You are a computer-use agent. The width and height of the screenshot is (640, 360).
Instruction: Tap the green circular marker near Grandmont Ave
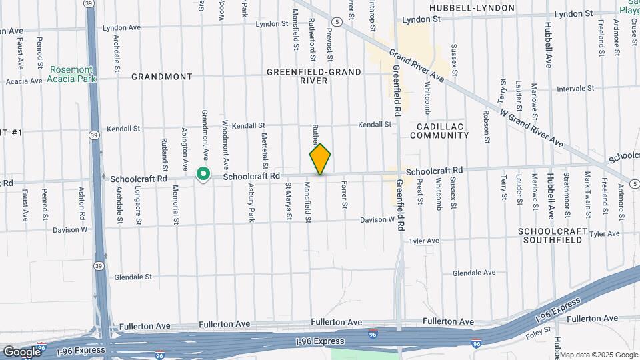203,175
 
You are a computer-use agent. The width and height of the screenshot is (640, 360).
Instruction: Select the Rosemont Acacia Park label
71,74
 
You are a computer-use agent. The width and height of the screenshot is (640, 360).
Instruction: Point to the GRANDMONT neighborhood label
162,77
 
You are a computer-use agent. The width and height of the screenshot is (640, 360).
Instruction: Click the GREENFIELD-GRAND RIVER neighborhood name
313,76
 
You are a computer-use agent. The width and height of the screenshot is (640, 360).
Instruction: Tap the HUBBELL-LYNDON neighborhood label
472,8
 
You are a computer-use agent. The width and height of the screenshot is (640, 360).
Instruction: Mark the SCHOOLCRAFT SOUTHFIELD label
553,237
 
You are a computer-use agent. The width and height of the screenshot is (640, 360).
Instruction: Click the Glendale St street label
133,277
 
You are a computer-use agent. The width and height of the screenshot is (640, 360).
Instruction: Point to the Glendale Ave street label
474,273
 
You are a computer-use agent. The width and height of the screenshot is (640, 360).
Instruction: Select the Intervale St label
575,88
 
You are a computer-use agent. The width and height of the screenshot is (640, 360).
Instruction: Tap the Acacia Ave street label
24,81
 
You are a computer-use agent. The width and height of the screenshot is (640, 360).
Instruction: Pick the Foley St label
537,329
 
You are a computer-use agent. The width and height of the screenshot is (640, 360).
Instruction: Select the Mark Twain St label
588,193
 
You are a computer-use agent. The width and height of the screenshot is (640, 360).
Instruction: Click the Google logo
21,351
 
